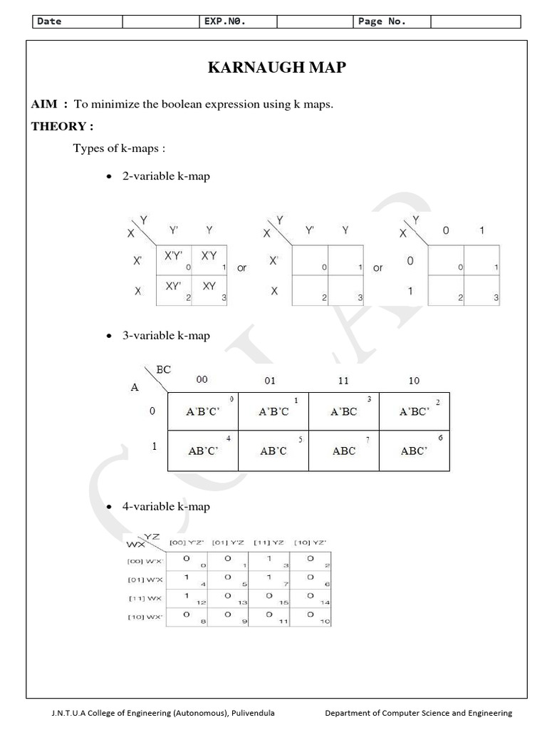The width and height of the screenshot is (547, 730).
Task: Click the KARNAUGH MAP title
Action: [x=276, y=68]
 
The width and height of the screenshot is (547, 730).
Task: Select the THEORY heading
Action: [x=62, y=127]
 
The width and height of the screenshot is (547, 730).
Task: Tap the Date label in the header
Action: [x=50, y=21]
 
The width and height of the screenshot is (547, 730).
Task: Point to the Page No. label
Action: [x=382, y=21]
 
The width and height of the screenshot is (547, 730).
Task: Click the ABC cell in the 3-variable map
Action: [x=343, y=451]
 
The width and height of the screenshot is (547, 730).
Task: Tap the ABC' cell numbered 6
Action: [x=414, y=451]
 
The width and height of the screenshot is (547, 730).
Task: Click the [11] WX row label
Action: [x=146, y=598]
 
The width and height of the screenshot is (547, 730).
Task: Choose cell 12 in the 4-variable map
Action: [x=187, y=597]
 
